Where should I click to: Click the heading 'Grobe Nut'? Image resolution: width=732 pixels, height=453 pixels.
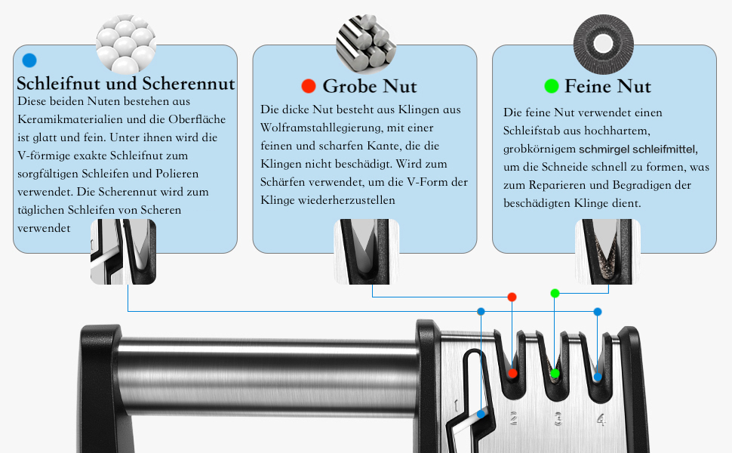point(369,86)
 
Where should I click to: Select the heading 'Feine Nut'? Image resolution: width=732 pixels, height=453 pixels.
point(607,86)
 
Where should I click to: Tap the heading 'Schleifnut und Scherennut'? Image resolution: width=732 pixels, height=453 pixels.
point(125,84)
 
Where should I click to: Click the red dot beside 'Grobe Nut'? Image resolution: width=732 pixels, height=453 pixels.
point(309,86)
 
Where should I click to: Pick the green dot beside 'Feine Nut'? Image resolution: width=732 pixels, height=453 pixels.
point(552,86)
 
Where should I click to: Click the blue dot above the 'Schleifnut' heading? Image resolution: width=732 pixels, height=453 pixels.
point(29,60)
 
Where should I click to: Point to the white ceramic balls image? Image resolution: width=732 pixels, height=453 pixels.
point(125,45)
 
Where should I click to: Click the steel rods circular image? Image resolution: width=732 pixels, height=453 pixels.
point(366,45)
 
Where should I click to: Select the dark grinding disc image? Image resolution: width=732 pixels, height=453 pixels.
point(603,45)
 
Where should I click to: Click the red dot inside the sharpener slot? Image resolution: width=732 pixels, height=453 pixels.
point(512,373)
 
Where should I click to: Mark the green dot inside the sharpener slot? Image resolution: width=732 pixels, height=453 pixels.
point(555,374)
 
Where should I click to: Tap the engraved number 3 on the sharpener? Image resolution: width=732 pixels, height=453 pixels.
point(558,418)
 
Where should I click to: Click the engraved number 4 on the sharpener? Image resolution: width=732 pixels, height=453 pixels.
point(601,419)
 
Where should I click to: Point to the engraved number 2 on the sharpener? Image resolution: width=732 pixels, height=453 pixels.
point(513,418)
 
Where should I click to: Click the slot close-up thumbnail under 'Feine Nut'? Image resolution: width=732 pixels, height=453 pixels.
point(607,251)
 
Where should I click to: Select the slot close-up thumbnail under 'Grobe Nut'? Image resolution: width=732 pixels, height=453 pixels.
point(367,251)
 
